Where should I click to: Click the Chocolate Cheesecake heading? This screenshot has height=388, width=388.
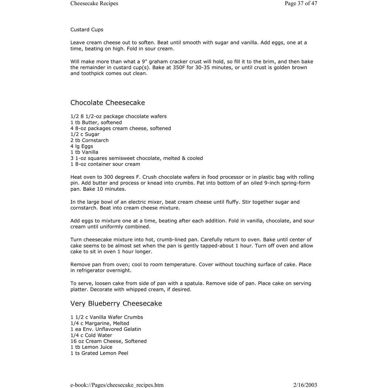108,103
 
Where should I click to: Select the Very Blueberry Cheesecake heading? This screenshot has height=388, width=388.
116,304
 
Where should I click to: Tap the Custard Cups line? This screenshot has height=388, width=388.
87,30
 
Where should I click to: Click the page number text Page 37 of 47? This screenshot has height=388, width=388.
301,4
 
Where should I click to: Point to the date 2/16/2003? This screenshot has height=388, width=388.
305,385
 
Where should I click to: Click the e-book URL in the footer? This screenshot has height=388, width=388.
117,385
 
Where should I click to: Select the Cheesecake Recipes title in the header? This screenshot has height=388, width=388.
94,4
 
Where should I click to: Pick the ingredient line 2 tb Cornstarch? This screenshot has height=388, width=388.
90,140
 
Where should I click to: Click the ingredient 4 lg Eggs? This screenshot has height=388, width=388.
82,146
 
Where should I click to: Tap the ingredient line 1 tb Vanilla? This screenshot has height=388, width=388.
84,152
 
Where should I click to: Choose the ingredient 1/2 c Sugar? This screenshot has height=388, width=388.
85,134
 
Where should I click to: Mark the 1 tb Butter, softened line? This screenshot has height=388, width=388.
96,123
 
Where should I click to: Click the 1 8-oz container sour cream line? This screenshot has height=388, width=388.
105,164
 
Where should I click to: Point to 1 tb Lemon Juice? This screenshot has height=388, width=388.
92,347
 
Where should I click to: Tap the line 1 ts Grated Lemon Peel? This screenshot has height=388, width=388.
99,353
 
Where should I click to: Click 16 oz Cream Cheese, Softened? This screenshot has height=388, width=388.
109,341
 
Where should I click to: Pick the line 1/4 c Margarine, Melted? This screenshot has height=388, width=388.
100,323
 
